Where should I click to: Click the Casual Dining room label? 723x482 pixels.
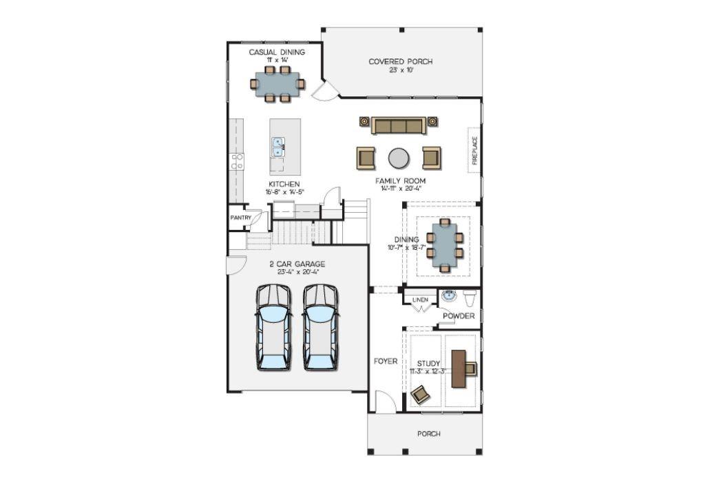pos(277,52)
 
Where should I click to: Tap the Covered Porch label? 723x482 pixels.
pos(400,61)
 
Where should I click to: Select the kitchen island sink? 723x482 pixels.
pos(277,147)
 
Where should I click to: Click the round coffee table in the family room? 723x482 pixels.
pos(399,158)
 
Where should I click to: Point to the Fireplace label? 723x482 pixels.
pos(474,150)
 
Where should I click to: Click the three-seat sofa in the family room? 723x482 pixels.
pos(399,125)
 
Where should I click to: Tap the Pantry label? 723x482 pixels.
pos(241,218)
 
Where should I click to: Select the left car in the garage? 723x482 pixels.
pos(274,327)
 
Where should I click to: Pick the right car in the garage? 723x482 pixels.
pos(320,327)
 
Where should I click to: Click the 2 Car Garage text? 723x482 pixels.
pos(297,264)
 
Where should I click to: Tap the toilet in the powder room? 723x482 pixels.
pos(470,298)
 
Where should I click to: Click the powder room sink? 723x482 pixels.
pos(448,295)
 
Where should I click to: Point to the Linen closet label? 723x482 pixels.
pos(420,300)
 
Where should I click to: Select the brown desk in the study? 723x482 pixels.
pos(459,368)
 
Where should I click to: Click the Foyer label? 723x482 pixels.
pos(386,361)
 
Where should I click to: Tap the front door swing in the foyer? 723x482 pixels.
pos(386,401)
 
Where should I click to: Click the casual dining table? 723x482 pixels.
pos(277,84)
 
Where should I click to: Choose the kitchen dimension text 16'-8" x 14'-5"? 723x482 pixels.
pos(284,192)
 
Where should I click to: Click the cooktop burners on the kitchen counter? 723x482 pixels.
pos(238,161)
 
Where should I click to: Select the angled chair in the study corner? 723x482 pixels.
pos(420,395)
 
